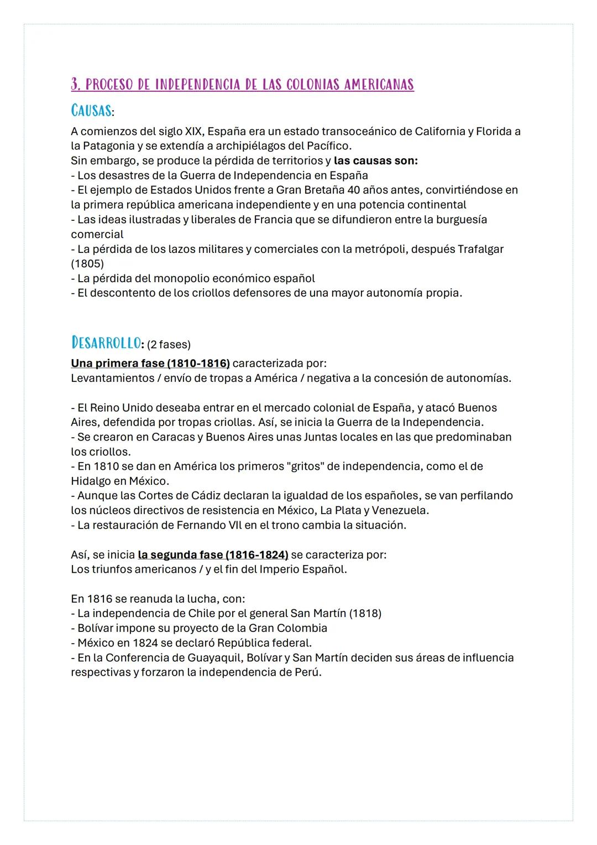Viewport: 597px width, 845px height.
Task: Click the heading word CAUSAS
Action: [91, 111]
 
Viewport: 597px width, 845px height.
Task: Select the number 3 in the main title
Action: [75, 85]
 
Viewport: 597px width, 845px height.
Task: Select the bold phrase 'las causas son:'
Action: [376, 161]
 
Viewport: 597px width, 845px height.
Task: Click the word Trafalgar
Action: [480, 249]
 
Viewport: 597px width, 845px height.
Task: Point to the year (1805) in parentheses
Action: [87, 263]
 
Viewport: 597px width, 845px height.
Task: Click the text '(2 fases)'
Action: [169, 345]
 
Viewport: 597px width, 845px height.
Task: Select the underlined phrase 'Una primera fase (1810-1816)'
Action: [150, 364]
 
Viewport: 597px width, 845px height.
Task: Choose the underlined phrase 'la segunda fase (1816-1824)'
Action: [213, 554]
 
